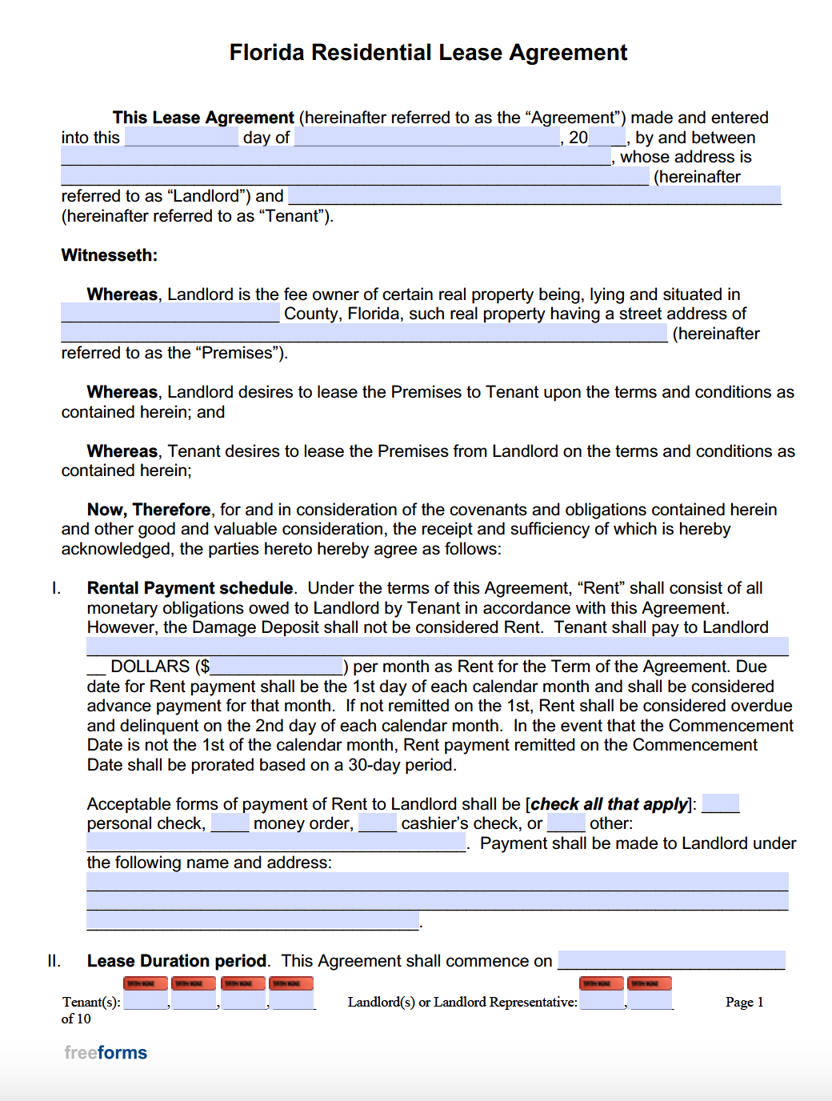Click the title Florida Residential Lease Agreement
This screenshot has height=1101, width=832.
click(428, 53)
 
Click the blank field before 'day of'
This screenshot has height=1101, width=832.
click(182, 138)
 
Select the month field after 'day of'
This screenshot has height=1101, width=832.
click(427, 138)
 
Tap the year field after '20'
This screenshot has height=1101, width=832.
click(606, 138)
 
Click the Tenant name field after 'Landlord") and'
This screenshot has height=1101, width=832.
click(534, 196)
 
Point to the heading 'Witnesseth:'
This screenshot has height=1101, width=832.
click(110, 255)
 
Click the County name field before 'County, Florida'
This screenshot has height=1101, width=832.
click(170, 314)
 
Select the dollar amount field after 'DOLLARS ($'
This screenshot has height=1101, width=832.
click(277, 667)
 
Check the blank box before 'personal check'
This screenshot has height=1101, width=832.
click(720, 804)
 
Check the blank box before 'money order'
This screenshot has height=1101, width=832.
click(230, 823)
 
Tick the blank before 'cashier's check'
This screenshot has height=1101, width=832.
click(378, 823)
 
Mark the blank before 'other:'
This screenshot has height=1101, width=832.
click(566, 823)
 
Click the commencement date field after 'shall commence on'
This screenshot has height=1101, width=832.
click(671, 960)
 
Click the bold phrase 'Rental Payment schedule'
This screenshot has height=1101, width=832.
click(190, 588)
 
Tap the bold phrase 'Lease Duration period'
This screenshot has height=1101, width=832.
click(177, 961)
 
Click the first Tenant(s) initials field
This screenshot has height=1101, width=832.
click(146, 1000)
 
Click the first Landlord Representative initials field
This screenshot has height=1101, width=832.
click(602, 1000)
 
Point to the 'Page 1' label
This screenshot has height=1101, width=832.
click(744, 1002)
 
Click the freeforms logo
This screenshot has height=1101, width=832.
click(106, 1053)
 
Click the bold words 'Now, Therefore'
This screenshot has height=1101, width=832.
click(149, 510)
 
